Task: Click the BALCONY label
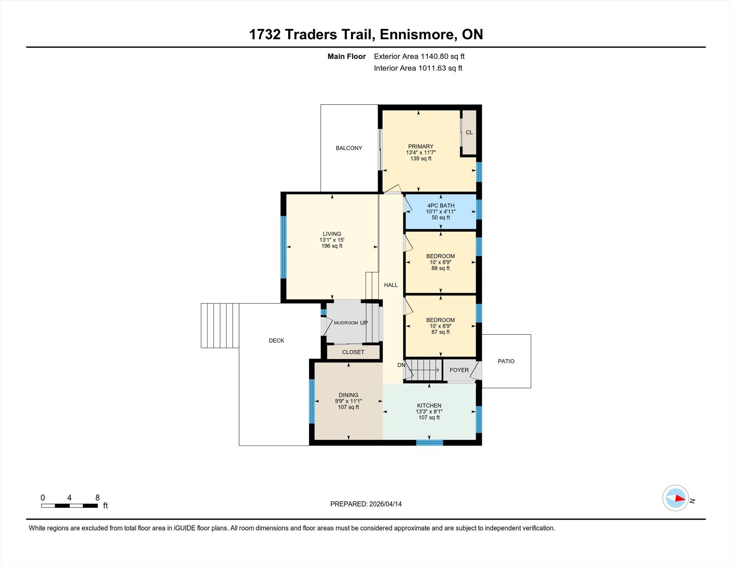349,148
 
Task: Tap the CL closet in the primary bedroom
469,132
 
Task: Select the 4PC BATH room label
441,206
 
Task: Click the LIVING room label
332,234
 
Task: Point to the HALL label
391,285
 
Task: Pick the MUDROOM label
346,323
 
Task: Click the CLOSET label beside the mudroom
353,352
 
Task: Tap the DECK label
276,341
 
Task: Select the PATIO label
506,362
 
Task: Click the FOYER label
459,370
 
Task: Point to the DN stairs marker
401,365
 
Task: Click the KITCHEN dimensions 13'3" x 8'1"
429,412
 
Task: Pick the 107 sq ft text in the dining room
348,407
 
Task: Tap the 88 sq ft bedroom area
440,268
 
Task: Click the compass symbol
676,498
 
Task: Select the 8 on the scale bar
97,498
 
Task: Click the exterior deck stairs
220,326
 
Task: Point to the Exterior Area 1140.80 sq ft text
419,56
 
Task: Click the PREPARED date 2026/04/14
385,504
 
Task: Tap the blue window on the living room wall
283,247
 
